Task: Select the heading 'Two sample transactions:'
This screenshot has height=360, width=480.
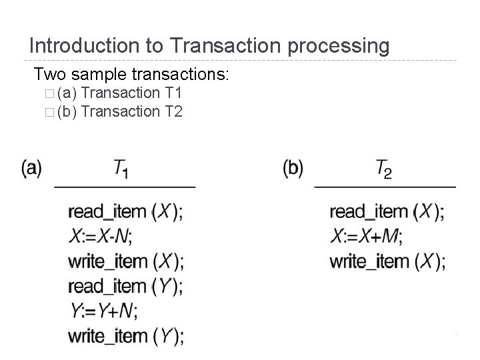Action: (131, 73)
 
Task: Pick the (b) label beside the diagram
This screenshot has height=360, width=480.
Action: (293, 167)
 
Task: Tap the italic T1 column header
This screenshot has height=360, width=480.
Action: (121, 169)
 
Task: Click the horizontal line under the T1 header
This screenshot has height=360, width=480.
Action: (125, 187)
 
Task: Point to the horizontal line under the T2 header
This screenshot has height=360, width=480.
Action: (385, 187)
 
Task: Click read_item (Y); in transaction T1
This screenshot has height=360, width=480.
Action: (125, 286)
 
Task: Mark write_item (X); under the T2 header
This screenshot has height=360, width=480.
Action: (387, 261)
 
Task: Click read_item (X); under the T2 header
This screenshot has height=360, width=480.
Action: (387, 211)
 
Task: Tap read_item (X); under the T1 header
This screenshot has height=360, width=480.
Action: (125, 211)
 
